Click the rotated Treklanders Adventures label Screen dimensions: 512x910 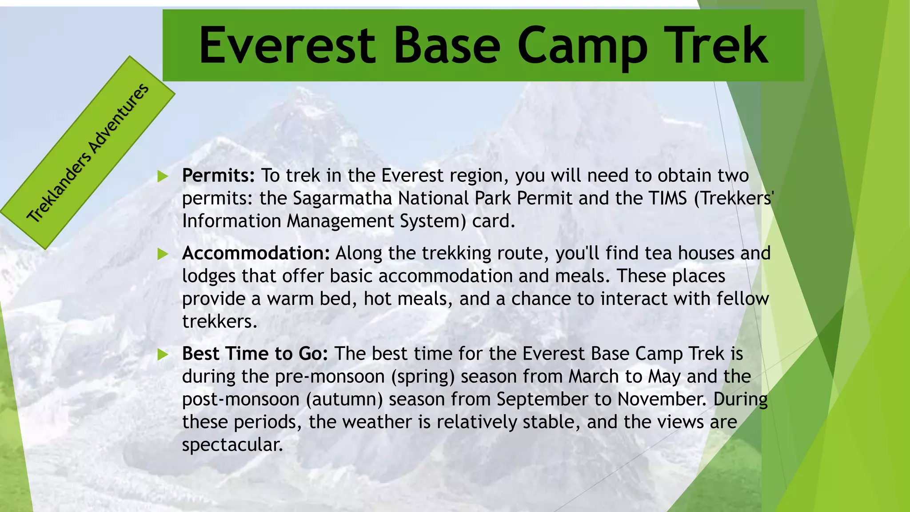click(x=88, y=152)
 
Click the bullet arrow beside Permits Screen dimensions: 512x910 click(x=163, y=176)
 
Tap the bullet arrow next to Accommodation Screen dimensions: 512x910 click(x=163, y=254)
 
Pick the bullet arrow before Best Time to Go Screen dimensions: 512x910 click(x=163, y=355)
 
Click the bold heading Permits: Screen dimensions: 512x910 click(x=218, y=176)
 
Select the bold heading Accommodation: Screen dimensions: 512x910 click(x=255, y=254)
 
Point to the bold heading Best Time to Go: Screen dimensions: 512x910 click(x=255, y=354)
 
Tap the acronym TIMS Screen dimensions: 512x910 click(x=668, y=199)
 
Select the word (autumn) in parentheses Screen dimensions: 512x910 click(x=344, y=400)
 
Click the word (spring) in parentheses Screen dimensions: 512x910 click(x=423, y=377)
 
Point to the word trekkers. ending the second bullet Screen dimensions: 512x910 click(x=220, y=322)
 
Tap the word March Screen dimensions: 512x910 click(x=594, y=377)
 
